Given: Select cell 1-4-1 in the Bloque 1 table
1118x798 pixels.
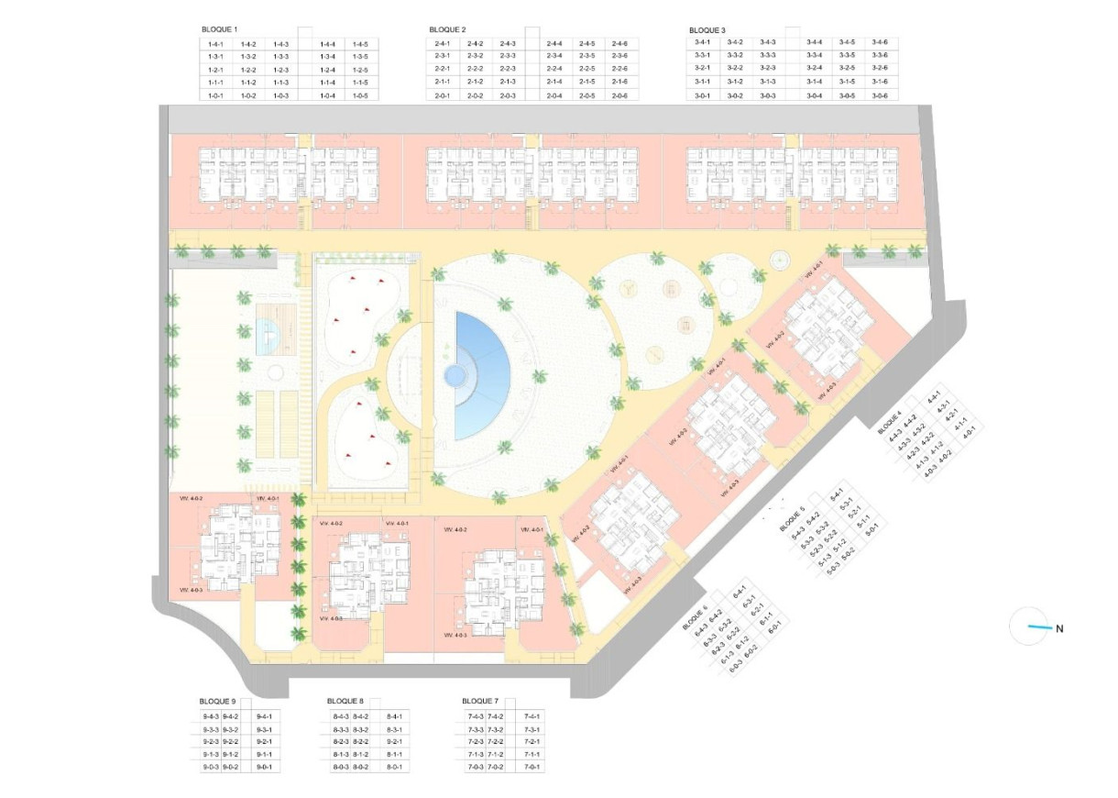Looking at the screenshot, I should tap(216, 44).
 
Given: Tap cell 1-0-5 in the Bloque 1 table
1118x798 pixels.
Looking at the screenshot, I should tap(360, 95).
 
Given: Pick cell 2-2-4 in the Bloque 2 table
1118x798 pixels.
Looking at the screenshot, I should tap(554, 69).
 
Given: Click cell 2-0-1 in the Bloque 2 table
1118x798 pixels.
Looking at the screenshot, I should tap(442, 95).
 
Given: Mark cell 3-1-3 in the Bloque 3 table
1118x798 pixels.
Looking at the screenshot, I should tap(767, 82).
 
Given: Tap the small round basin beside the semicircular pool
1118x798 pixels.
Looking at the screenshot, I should tap(453, 375).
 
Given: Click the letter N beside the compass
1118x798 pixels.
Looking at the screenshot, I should tap(1059, 629).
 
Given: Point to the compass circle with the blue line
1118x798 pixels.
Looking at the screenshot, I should tap(1028, 627).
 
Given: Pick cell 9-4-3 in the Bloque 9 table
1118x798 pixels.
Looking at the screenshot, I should tap(211, 716).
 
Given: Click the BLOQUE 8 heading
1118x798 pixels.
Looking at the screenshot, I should tap(345, 702).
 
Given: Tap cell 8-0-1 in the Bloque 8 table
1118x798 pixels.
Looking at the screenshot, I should tap(395, 767).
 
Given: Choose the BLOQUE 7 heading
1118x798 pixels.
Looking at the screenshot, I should tap(481, 702).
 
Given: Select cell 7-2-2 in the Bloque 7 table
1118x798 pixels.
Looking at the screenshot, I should tap(496, 741).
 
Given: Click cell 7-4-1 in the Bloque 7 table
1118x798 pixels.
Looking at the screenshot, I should tap(532, 716).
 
